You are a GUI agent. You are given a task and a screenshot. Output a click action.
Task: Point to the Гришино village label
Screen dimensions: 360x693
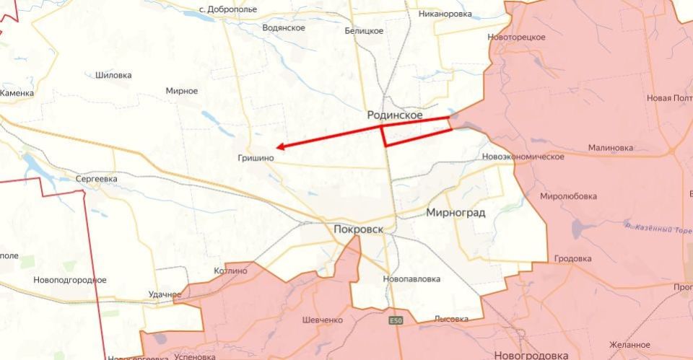click(x=255, y=157)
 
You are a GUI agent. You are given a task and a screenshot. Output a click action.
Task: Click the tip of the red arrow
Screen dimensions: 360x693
click(x=278, y=147)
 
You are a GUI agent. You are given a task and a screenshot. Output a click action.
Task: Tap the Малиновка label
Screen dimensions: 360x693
click(x=610, y=147)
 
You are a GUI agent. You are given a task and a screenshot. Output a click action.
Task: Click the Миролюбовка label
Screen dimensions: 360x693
click(x=569, y=196)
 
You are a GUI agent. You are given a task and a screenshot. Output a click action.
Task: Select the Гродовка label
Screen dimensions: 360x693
click(x=572, y=258)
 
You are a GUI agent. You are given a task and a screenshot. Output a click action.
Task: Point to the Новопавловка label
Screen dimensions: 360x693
click(x=411, y=278)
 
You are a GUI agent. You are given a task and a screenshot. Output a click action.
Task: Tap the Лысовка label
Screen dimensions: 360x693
click(x=451, y=319)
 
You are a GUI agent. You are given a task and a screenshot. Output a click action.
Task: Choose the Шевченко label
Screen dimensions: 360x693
click(x=322, y=320)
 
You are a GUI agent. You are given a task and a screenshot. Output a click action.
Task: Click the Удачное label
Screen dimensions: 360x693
click(x=165, y=294)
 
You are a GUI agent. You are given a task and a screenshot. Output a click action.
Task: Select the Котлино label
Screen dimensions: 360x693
click(x=230, y=271)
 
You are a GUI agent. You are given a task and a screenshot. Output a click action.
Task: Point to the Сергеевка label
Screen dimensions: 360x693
click(x=97, y=178)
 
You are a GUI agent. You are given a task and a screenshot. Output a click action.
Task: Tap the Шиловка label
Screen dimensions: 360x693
click(x=113, y=75)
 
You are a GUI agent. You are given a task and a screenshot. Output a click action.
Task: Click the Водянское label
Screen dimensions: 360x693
click(x=284, y=28)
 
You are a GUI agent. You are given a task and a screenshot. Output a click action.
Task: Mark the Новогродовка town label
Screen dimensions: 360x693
click(x=531, y=355)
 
